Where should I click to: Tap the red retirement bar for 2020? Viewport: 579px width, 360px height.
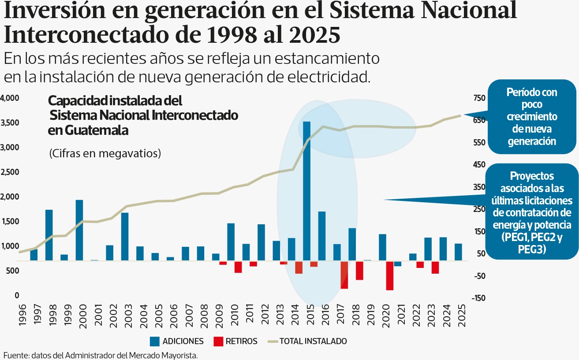tap(390, 276)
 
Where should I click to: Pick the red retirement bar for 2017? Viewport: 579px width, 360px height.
tap(344, 275)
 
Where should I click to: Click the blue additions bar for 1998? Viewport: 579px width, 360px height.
tap(49, 235)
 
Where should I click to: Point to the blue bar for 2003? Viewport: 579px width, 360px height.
tap(125, 237)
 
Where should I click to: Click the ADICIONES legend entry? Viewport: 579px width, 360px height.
tap(176, 341)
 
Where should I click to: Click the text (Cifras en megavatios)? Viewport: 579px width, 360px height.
tap(105, 153)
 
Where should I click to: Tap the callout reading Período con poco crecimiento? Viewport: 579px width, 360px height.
tap(531, 117)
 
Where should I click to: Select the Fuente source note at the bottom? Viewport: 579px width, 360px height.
tap(101, 355)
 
